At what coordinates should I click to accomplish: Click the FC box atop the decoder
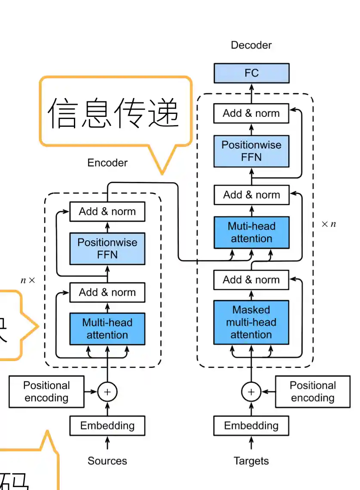pos(251,73)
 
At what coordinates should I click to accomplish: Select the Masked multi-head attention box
pos(251,322)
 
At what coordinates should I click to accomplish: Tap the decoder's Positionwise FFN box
pos(251,151)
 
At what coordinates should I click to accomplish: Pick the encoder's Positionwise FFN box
pos(107,248)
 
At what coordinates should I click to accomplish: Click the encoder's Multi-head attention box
pos(107,329)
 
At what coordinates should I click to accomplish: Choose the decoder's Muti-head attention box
pos(251,232)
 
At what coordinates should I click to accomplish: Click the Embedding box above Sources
pos(107,426)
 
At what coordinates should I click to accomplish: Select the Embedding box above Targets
pos(251,426)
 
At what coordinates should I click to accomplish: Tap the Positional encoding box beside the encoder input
pos(46,392)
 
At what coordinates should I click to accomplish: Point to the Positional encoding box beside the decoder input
pos(312,392)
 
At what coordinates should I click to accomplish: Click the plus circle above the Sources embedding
pos(107,392)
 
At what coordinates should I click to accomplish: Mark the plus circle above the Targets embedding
pos(251,392)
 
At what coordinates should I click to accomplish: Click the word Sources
pos(107,461)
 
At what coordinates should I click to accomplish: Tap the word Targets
pos(251,461)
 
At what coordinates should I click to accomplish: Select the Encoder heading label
pos(107,163)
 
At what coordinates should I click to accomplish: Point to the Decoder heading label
pos(251,45)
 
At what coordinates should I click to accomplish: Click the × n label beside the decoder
pos(329,224)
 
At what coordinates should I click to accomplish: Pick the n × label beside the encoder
pos(28,280)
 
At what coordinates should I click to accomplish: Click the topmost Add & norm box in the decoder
pos(251,113)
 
